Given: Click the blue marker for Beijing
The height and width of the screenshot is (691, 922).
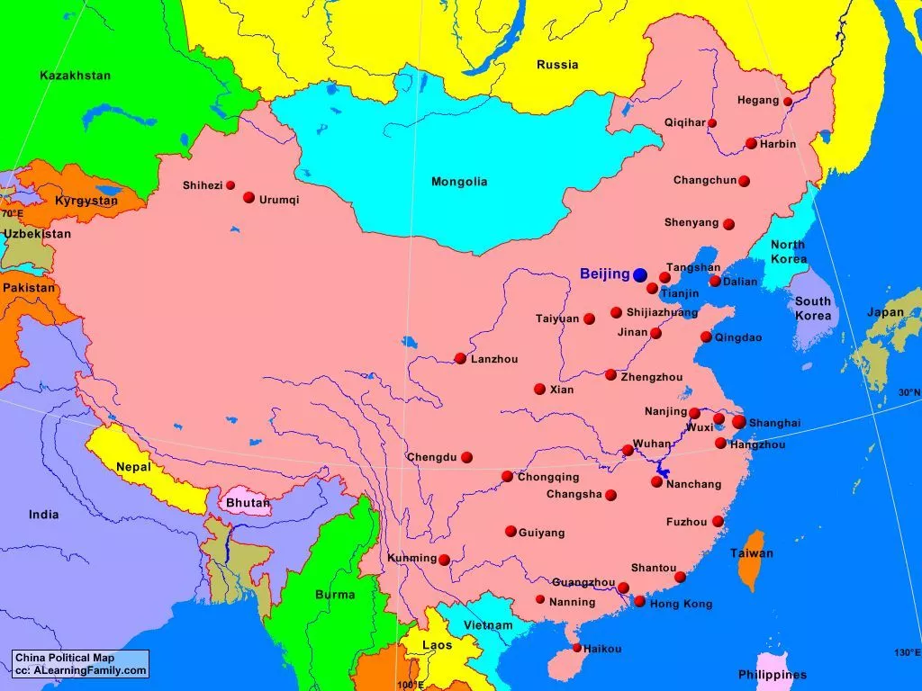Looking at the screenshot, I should click(640, 274).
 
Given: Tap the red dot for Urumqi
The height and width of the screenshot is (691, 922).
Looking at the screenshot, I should click(249, 197).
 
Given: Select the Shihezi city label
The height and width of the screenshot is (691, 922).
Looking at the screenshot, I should click(202, 185).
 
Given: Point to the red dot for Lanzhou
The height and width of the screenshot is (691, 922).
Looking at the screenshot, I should click(460, 358).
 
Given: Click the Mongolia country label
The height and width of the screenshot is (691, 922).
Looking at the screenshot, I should click(459, 182).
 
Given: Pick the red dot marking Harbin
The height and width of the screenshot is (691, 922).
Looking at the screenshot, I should click(751, 143).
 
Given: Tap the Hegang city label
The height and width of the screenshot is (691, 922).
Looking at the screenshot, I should click(758, 101).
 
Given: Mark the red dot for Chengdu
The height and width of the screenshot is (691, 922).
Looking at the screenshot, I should click(466, 457).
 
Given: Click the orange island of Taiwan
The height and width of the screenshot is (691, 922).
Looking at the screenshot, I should click(749, 562).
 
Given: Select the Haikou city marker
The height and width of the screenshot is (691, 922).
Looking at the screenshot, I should click(577, 648).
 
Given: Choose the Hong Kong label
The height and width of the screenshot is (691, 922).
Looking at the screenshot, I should click(681, 604).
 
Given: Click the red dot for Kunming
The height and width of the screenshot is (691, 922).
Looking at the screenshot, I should click(444, 560).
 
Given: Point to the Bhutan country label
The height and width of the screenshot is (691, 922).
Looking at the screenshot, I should click(248, 503).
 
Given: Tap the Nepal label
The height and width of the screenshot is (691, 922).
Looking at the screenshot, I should click(133, 467).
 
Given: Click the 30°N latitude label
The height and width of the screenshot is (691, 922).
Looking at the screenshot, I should click(908, 392).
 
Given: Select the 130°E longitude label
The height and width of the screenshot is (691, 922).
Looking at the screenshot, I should click(906, 652).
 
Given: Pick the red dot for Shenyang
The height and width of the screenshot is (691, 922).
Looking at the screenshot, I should click(728, 224).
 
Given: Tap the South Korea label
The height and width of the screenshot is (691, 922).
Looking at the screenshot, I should click(813, 309).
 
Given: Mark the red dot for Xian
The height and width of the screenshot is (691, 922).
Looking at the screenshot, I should click(539, 390).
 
